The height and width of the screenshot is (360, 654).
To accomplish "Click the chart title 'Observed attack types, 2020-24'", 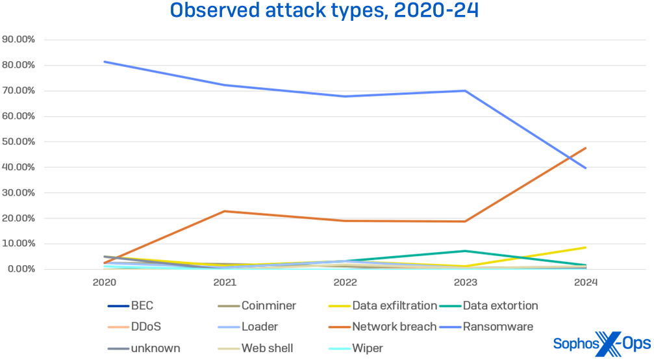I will (324, 11).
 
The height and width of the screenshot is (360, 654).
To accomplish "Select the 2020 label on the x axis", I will (105, 283).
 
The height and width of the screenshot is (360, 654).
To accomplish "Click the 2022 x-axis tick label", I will (345, 283).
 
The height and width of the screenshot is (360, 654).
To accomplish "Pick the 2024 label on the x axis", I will (585, 283).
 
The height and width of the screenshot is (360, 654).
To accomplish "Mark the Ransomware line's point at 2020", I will (105, 62).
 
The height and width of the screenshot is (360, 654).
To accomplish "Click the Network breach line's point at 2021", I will (225, 211).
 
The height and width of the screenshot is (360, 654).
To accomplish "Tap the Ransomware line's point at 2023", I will (465, 90).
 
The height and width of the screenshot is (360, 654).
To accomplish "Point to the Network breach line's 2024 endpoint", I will (585, 148).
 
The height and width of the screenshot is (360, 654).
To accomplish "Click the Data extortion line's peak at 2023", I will (465, 251).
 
